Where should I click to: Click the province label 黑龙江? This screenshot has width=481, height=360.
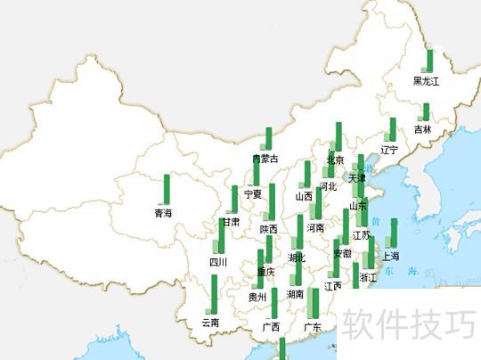tap(426, 81)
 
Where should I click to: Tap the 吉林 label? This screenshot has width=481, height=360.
tap(422, 129)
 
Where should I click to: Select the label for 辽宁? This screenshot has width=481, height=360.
tap(389, 150)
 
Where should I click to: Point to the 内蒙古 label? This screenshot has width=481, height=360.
tap(265, 160)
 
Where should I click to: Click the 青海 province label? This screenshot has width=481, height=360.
tap(163, 213)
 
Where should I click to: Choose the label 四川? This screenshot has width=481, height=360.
tap(218, 262)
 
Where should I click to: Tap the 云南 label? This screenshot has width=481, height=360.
tap(211, 322)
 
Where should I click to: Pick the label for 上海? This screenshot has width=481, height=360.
tap(391, 256)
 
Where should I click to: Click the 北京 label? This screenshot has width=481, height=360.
tap(336, 160)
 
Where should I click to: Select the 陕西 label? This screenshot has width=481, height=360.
tap(269, 229)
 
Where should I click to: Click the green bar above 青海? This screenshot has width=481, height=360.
tap(167, 189)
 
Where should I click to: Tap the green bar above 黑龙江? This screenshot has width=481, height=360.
tap(429, 61)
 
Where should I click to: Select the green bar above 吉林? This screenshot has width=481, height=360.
tap(426, 112)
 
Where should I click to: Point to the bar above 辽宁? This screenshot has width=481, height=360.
tap(392, 129)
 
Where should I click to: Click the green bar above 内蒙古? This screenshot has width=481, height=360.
tap(267, 139)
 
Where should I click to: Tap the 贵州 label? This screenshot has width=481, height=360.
tap(257, 297)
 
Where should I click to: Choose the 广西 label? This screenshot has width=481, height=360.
tap(271, 327)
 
